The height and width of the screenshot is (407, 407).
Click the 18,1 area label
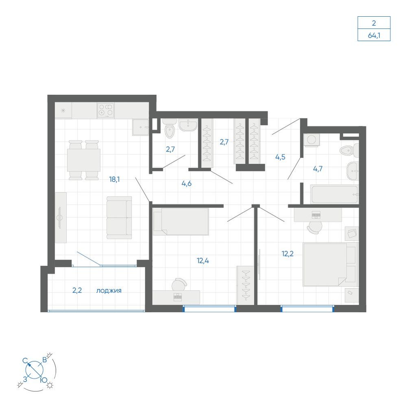tap(114, 179)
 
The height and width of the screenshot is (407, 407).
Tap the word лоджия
tap(109, 291)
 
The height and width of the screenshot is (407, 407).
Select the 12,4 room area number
tap(203, 260)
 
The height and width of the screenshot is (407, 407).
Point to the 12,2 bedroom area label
tap(288, 254)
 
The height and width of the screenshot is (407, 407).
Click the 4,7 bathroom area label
tap(318, 169)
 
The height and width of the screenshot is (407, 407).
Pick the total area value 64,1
tap(374, 35)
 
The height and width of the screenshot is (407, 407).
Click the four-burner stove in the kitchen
tap(106, 110)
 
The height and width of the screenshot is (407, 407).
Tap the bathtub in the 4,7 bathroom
tap(335, 194)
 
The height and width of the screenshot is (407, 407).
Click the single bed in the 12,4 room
tap(181, 221)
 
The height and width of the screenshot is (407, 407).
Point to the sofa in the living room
tap(119, 217)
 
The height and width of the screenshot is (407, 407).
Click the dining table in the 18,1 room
tap(84, 160)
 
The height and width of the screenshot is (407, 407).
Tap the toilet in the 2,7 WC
tap(170, 129)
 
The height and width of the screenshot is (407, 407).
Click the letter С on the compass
tap(25, 361)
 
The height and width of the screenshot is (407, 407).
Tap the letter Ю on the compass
tap(44, 381)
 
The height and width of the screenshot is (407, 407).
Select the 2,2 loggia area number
tap(77, 291)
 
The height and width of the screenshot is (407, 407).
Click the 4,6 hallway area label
tap(187, 184)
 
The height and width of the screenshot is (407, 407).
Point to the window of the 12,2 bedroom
tap(307, 309)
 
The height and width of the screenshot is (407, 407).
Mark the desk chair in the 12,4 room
tap(179, 284)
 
